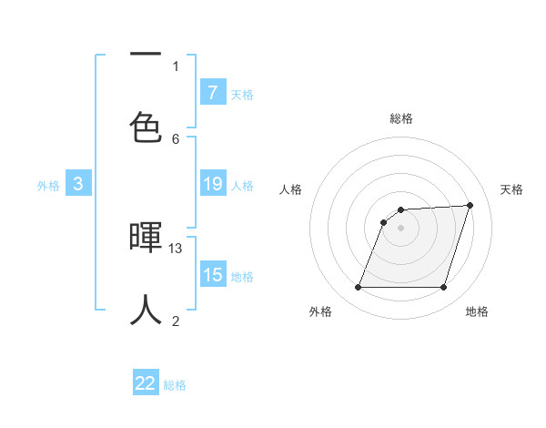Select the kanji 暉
click(146, 239)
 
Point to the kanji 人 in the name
click(146, 310)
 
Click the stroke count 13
click(176, 248)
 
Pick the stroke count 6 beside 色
click(176, 138)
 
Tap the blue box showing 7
click(212, 93)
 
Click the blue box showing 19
click(212, 185)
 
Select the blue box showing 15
click(212, 276)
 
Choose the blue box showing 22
click(146, 383)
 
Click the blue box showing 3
click(78, 185)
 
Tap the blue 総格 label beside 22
click(175, 385)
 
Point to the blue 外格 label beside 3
click(48, 186)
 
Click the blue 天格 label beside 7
click(242, 94)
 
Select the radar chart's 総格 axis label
click(400, 118)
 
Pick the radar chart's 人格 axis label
click(290, 189)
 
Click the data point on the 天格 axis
click(470, 205)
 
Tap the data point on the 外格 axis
click(358, 288)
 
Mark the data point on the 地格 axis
click(443, 288)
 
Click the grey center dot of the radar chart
click(400, 228)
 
